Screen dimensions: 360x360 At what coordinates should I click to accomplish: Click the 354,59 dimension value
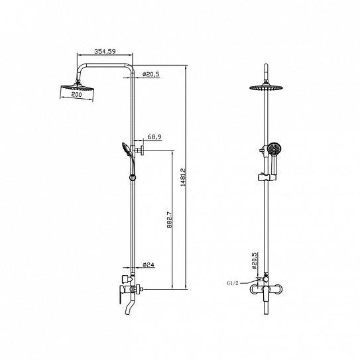[105, 51]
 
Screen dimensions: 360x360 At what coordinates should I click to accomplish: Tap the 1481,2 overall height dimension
[183, 177]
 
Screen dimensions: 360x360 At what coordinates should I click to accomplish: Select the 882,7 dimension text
[170, 219]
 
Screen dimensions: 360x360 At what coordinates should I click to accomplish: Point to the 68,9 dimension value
[154, 137]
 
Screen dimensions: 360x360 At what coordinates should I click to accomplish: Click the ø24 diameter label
[149, 265]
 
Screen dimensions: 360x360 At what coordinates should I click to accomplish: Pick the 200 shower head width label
[76, 94]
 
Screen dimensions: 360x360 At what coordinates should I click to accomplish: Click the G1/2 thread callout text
[233, 283]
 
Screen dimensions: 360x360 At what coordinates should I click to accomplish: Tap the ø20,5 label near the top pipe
[151, 74]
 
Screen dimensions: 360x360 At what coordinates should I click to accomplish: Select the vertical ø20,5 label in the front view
[254, 261]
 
